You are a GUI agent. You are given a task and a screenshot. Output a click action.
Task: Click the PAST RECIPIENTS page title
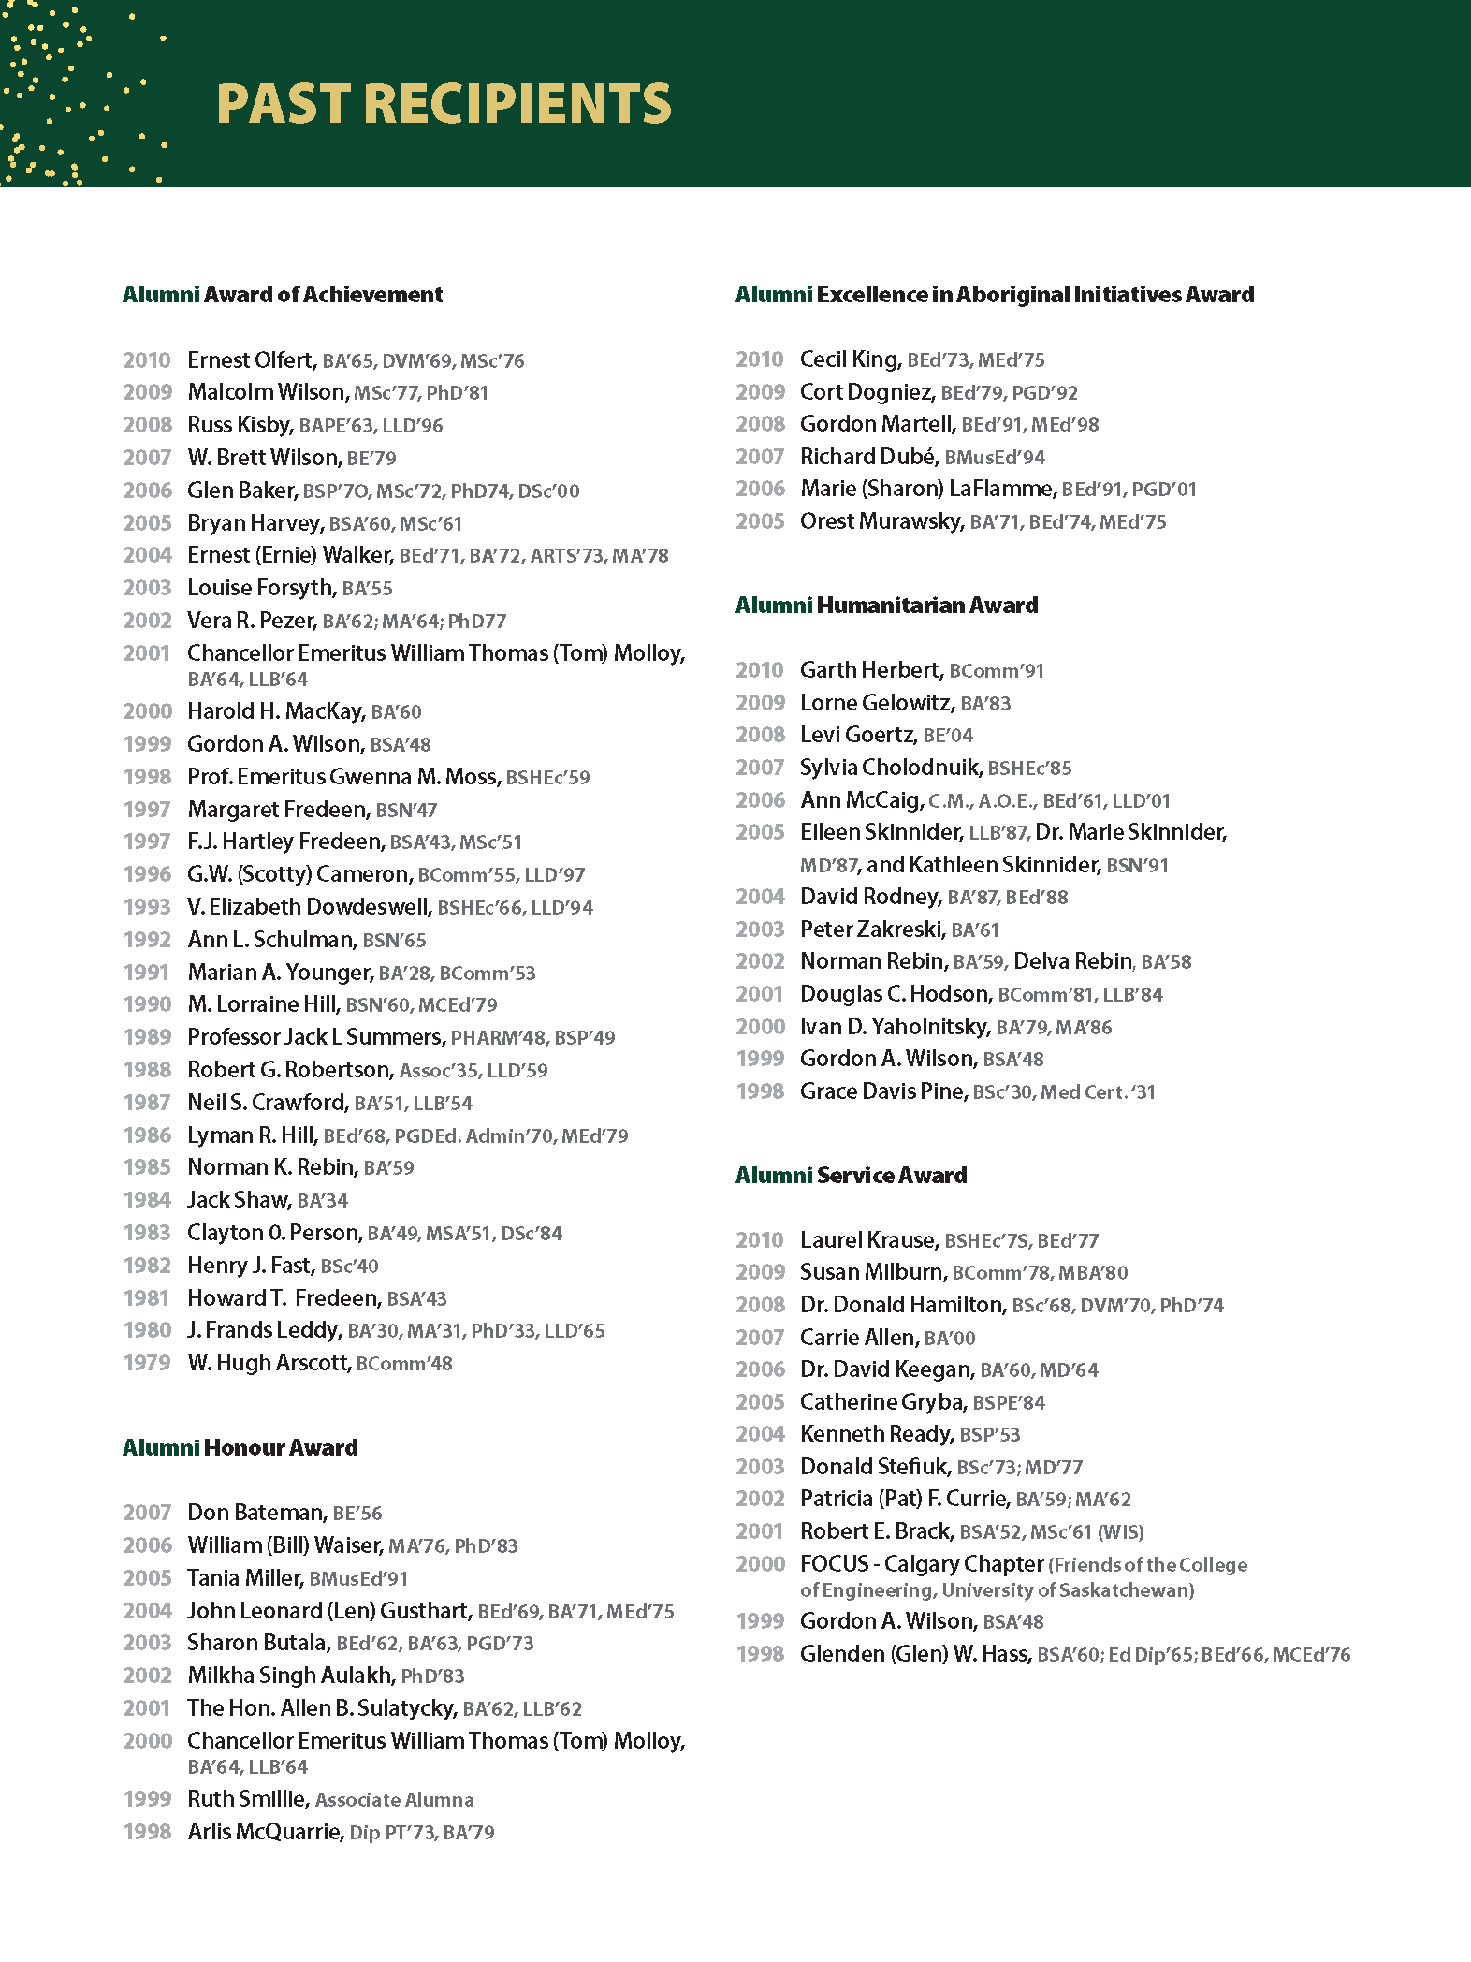coord(444,103)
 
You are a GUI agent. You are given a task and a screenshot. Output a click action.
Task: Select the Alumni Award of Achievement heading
coord(283,295)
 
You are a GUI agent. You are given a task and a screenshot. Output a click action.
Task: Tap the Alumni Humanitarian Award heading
coord(886,606)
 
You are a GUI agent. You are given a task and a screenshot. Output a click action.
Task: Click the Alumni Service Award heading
coord(851,1176)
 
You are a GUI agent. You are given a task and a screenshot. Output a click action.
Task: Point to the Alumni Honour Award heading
coord(240,1448)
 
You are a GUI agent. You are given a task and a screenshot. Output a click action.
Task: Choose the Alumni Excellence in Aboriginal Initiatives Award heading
coord(994,295)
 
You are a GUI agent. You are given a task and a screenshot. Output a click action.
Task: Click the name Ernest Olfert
coord(250,360)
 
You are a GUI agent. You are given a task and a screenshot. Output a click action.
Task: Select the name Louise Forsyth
coord(260,588)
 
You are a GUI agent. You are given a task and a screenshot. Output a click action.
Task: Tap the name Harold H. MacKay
coord(275,711)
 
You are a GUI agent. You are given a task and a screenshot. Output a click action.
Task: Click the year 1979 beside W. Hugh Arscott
coord(147,1363)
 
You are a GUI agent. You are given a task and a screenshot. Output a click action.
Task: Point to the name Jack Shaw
coord(238,1200)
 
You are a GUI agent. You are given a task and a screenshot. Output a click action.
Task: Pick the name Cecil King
coord(850,359)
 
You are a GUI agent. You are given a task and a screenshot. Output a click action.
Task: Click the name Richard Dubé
coord(867,457)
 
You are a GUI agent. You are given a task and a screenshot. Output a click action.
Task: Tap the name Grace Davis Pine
coord(881,1091)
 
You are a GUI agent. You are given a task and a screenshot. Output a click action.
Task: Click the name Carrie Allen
coord(857,1338)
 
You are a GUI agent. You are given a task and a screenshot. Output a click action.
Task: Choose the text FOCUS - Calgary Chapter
coord(921,1564)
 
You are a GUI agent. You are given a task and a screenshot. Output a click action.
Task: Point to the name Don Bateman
coord(255,1513)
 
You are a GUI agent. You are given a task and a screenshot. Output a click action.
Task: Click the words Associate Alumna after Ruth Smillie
coord(394,1800)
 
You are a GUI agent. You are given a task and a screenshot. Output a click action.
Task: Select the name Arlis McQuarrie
coord(264,1832)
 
